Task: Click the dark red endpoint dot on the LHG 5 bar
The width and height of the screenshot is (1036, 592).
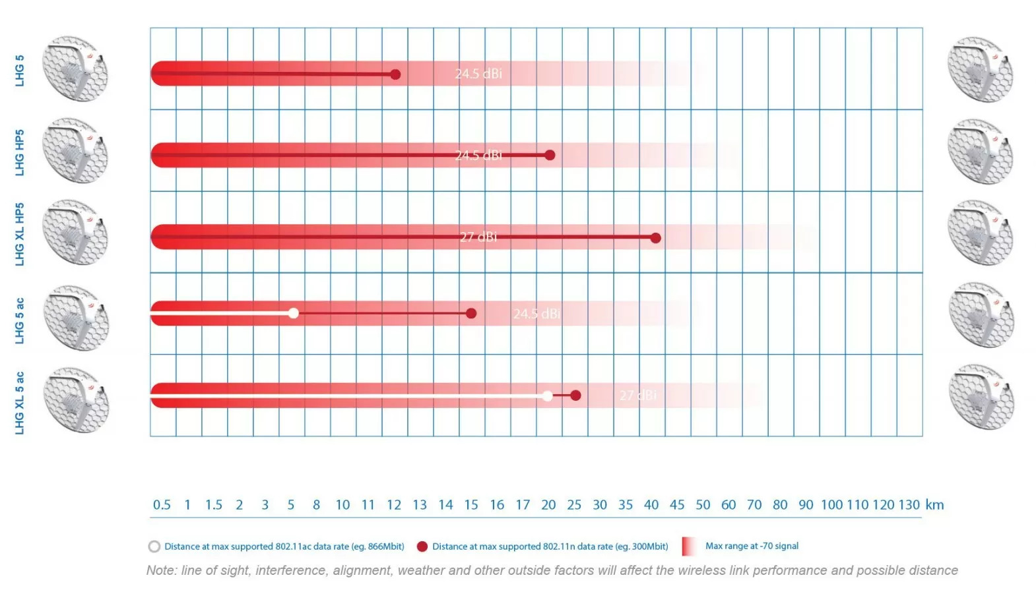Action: tap(395, 74)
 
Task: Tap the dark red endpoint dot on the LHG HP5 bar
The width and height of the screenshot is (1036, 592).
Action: tap(550, 156)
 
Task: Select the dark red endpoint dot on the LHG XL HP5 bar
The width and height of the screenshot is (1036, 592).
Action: tap(655, 238)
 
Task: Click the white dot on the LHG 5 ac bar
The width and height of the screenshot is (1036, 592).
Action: tap(294, 313)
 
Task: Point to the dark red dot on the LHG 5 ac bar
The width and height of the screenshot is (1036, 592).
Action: tap(471, 313)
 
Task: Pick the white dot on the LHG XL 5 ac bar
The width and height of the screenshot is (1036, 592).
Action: tap(547, 396)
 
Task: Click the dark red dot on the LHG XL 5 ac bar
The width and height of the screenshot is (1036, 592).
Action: tap(575, 396)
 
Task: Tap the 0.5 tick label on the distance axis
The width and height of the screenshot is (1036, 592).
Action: tap(162, 505)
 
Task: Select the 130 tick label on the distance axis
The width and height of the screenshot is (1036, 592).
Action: tap(909, 505)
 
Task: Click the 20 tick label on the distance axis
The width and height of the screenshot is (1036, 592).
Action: tap(548, 505)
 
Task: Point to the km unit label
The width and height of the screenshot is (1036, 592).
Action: tap(934, 505)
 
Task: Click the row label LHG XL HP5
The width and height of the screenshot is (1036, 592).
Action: tap(20, 234)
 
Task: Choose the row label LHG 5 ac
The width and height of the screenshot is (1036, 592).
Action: tap(20, 320)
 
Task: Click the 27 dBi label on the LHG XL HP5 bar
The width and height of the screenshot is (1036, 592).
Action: tap(478, 237)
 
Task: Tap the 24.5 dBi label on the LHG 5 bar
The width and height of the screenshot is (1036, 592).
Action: tap(478, 74)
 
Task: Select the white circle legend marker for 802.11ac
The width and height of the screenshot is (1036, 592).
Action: tap(154, 547)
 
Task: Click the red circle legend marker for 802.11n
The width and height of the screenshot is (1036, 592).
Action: tap(422, 547)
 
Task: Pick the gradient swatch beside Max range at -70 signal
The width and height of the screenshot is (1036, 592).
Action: tap(689, 547)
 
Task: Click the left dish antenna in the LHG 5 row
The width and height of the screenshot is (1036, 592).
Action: tap(75, 69)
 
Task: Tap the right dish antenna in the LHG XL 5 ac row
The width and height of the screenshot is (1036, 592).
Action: tap(981, 397)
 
